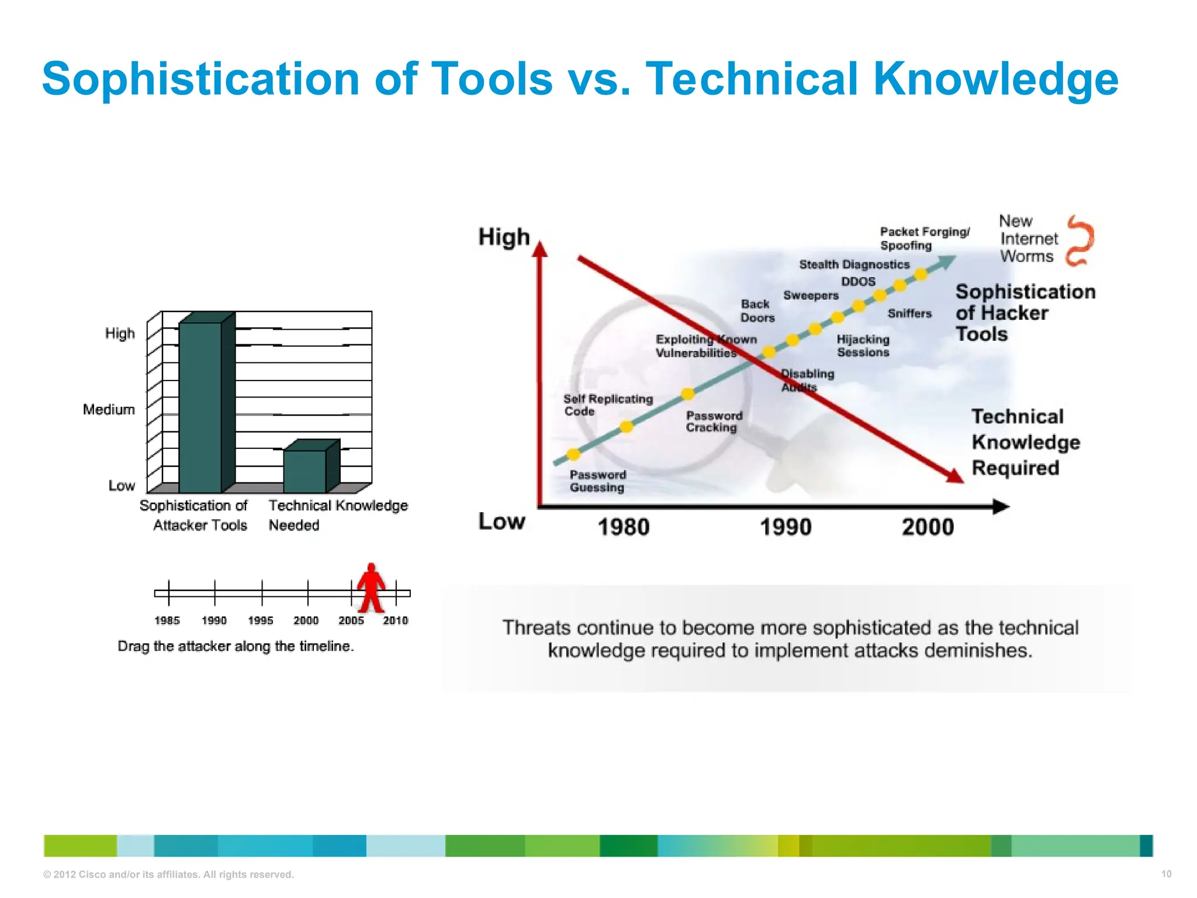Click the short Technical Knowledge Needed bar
[x=305, y=471]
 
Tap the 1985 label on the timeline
[x=167, y=620]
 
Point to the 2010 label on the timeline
[x=395, y=620]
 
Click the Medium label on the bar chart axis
[x=109, y=409]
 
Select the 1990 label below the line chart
[x=785, y=527]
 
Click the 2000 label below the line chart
[x=928, y=527]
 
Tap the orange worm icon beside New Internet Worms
[x=1079, y=241]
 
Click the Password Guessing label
[x=597, y=481]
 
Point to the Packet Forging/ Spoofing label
[x=924, y=239]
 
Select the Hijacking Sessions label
[x=863, y=346]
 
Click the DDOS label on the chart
[x=858, y=281]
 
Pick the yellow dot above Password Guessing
[x=573, y=454]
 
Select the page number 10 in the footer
[x=1165, y=874]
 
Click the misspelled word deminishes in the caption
[x=973, y=650]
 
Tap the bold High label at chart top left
[x=504, y=237]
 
